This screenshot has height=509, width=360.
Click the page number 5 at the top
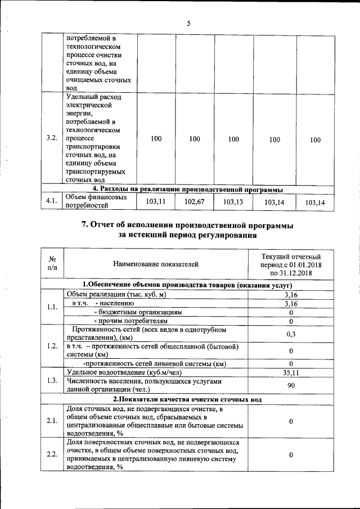[x=188, y=23]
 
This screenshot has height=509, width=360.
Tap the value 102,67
[x=194, y=202]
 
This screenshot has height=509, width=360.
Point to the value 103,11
[x=156, y=202]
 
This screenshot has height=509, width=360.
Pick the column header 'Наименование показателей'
[x=156, y=263]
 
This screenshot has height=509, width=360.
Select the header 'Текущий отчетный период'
[x=290, y=263]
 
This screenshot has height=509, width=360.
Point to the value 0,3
[x=291, y=334]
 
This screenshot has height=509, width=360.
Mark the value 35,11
[x=291, y=372]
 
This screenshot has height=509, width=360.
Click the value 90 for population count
[x=291, y=385]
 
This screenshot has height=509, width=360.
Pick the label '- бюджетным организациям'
[x=138, y=312]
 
